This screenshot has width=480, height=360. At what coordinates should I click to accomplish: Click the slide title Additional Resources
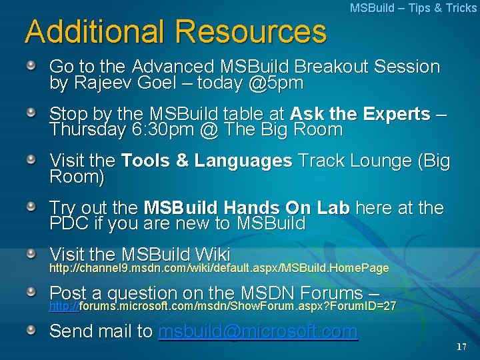[x=175, y=31]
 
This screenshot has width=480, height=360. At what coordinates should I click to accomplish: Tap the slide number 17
[x=462, y=347]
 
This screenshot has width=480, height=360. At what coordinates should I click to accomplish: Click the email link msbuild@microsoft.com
[x=257, y=331]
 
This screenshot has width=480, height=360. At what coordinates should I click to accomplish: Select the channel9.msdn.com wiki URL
[x=219, y=268]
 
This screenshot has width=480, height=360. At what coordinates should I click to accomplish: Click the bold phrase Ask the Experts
[x=360, y=114]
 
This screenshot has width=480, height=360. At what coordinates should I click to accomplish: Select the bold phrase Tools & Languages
[x=207, y=161]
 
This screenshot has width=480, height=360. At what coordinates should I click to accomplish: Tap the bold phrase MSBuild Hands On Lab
[x=247, y=208]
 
